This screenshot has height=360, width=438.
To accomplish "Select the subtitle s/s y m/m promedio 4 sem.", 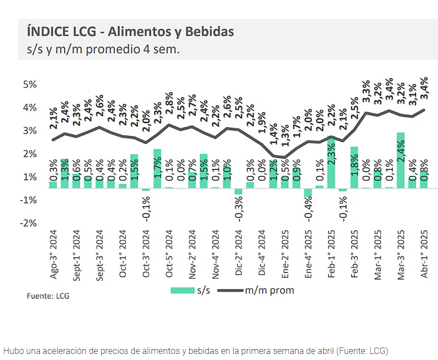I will (x=103, y=49).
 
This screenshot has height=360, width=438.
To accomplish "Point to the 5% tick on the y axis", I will (x=29, y=85).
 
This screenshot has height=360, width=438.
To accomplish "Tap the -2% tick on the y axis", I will (x=29, y=223).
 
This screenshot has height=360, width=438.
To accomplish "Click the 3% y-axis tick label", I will (x=29, y=131).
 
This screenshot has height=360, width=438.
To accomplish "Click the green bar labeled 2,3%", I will (x=331, y=162).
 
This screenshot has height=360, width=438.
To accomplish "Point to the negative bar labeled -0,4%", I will (x=308, y=193).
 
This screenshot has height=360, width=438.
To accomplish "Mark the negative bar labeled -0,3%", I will (x=239, y=192).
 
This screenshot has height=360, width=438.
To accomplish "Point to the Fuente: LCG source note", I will (x=48, y=296).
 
